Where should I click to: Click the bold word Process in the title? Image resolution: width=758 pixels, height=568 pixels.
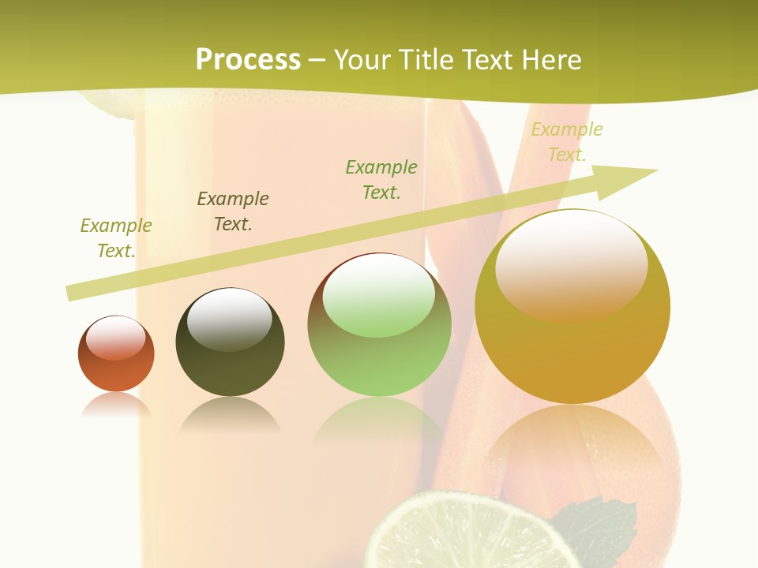tap(248, 60)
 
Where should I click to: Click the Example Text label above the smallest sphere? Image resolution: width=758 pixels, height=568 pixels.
tap(116, 237)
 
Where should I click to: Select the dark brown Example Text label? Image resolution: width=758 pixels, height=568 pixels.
tap(233, 211)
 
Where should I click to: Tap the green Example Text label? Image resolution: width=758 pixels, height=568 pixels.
tap(381, 179)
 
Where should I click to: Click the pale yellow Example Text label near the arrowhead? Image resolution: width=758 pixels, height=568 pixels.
tap(566, 142)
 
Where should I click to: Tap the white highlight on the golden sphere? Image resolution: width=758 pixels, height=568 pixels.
tap(571, 264)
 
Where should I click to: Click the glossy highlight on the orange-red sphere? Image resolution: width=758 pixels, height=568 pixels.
tap(115, 338)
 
